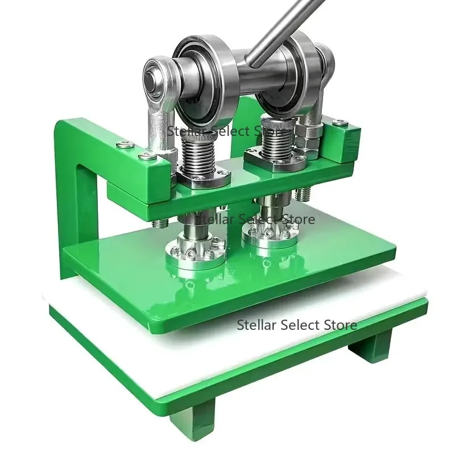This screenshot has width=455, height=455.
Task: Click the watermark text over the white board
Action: [x=297, y=325]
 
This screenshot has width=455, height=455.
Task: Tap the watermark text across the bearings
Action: [x=227, y=131]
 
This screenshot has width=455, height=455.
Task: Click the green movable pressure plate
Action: [x=227, y=284]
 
